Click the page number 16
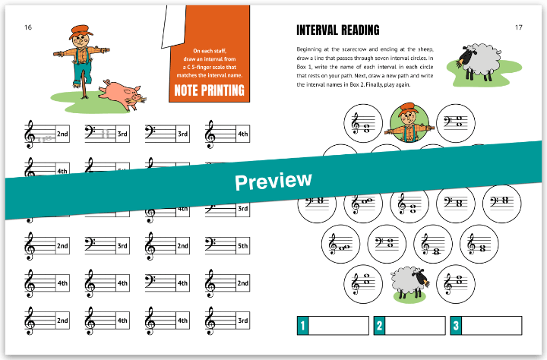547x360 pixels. click(28, 28)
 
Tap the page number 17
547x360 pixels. click(518, 28)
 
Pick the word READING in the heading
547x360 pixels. click(362, 30)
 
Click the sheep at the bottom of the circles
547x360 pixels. click(410, 283)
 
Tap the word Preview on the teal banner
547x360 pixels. click(273, 181)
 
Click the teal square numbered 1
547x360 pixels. click(303, 326)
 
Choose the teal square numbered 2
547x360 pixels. click(379, 326)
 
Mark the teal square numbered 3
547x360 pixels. click(456, 326)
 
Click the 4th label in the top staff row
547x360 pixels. click(242, 134)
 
